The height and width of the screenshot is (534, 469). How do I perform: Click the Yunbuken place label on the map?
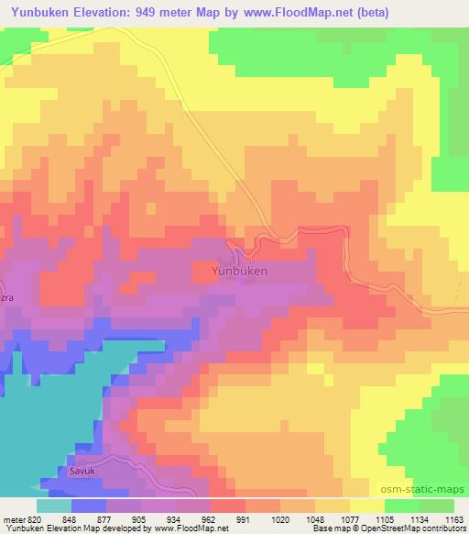click(x=239, y=272)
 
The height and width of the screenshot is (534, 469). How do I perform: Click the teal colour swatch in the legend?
click(x=54, y=506)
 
